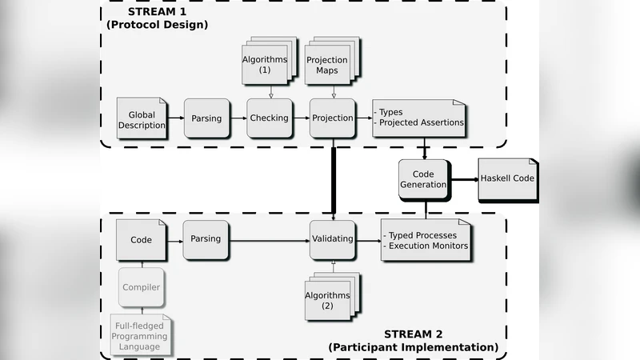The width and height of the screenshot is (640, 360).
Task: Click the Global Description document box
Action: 142,118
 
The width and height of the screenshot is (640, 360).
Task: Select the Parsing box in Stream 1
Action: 206,118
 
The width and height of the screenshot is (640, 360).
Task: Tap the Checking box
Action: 269,118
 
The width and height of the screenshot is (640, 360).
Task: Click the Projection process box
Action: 332,118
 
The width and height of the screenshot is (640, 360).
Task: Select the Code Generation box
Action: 422,178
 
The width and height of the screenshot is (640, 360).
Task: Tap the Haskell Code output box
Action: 507,178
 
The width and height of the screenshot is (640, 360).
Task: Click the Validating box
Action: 332,238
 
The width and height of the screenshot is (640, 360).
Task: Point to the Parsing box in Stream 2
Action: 206,238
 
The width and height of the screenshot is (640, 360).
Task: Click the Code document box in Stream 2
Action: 141,239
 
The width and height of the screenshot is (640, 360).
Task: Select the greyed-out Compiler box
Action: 141,287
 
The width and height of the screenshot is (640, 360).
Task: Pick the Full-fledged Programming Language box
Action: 140,335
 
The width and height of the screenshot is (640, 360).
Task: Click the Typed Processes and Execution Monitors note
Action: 424,240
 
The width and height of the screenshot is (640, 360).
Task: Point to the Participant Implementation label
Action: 413,347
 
